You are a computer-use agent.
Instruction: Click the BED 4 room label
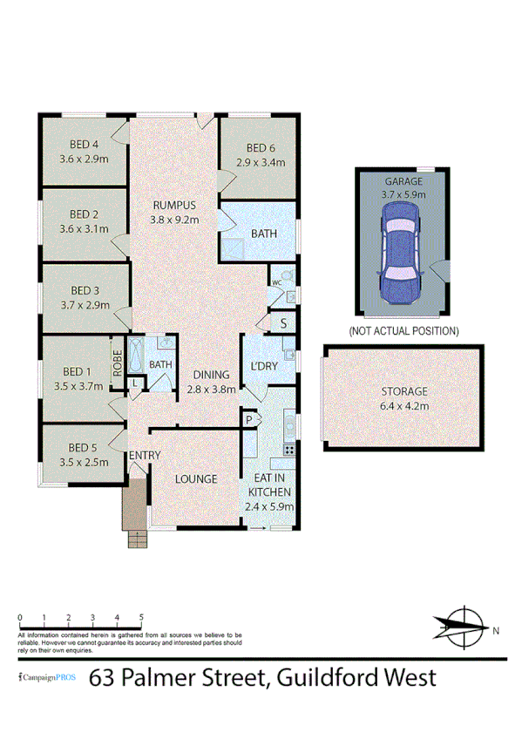84,146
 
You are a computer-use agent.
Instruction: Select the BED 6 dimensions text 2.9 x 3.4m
261,162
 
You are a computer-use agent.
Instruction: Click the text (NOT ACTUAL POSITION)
403,331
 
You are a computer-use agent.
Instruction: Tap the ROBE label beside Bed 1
117,363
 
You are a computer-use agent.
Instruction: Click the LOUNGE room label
195,478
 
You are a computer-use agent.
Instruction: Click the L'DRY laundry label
263,366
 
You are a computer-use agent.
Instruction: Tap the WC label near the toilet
275,283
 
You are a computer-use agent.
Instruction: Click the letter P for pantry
249,420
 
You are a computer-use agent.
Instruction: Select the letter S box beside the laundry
283,323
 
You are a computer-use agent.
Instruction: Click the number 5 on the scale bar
141,617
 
